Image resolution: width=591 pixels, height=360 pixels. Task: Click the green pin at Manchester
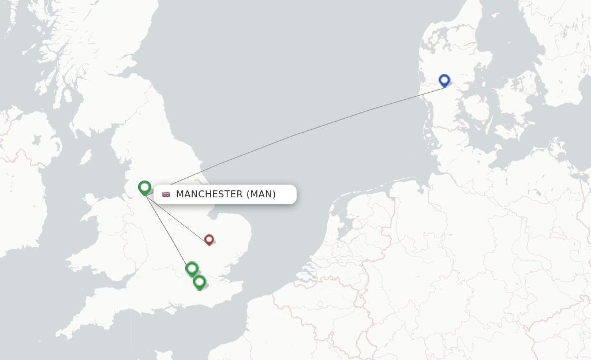pyautogui.click(x=144, y=187)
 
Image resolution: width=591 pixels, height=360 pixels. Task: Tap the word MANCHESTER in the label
pyautogui.click(x=209, y=194)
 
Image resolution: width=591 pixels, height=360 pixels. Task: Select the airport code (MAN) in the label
pyautogui.click(x=261, y=194)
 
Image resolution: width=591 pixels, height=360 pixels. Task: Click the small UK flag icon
pyautogui.click(x=166, y=194)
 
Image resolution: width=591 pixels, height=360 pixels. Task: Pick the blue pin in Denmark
pyautogui.click(x=444, y=80)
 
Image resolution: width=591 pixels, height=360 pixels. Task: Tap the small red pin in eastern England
pyautogui.click(x=209, y=239)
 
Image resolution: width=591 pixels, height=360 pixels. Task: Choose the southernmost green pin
pyautogui.click(x=199, y=282)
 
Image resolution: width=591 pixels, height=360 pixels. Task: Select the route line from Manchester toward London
pyautogui.click(x=167, y=231)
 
